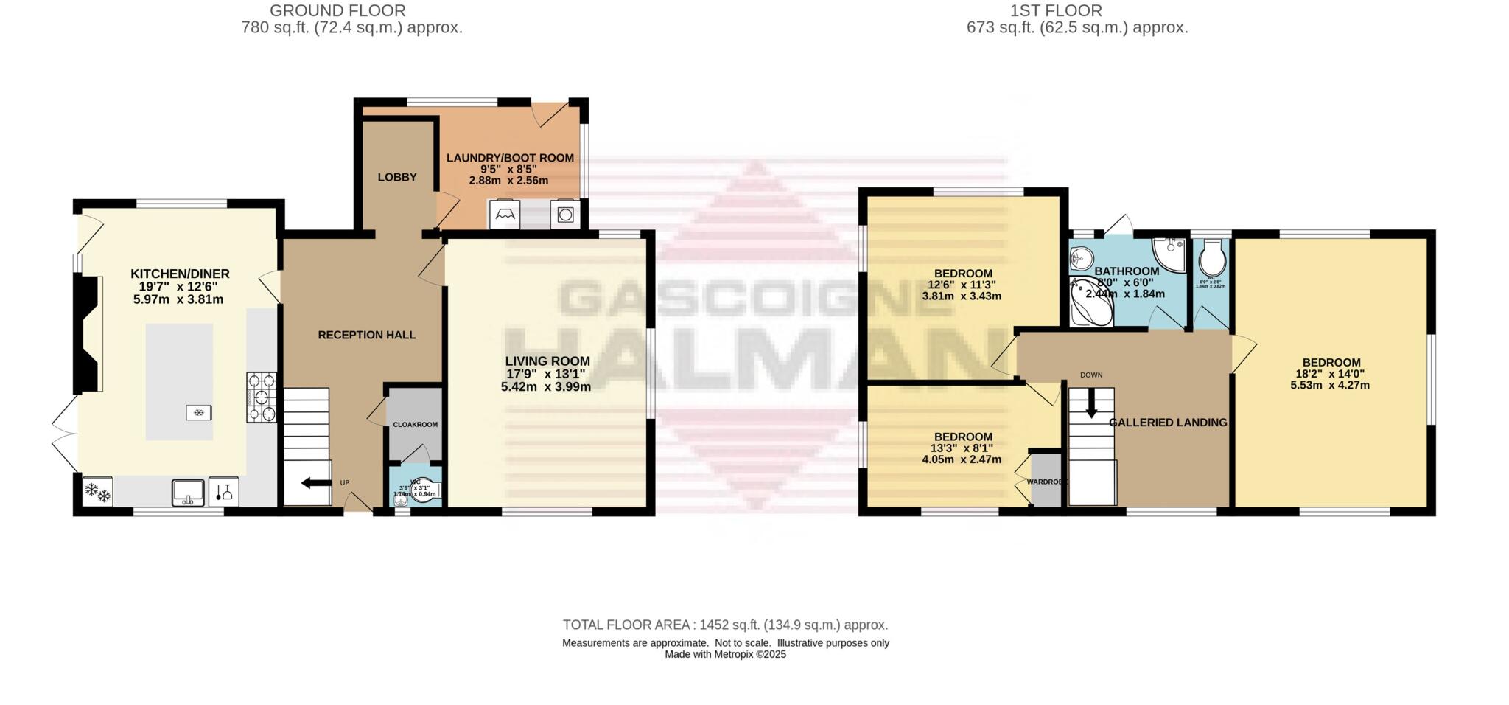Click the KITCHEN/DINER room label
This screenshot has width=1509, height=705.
pos(180,274)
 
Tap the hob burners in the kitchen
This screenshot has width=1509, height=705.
pos(262,397)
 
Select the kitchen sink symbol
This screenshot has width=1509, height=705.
pos(188,492)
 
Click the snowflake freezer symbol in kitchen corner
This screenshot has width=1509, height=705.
pos(97,492)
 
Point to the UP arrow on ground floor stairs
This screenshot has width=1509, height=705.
pos(316,483)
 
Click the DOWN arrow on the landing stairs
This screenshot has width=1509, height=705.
pos(1091,403)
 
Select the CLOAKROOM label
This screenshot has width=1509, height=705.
pos(415,425)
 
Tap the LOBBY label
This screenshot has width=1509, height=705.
pos(397,177)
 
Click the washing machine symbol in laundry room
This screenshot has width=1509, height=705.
pos(565,215)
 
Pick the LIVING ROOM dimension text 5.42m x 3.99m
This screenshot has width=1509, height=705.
pos(545,386)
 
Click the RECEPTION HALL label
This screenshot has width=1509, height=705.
pos(367,335)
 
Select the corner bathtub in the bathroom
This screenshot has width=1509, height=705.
pos(1089,302)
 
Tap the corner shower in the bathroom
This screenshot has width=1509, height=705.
pos(1170,253)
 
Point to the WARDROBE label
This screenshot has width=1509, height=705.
pos(1046,482)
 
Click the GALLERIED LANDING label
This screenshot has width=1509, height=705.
pos(1168,423)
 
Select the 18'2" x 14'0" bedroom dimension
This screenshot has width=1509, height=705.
pos(1331,374)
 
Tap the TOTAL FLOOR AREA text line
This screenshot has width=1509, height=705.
pos(725,625)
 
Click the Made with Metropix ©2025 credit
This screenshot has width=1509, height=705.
pos(725,654)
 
